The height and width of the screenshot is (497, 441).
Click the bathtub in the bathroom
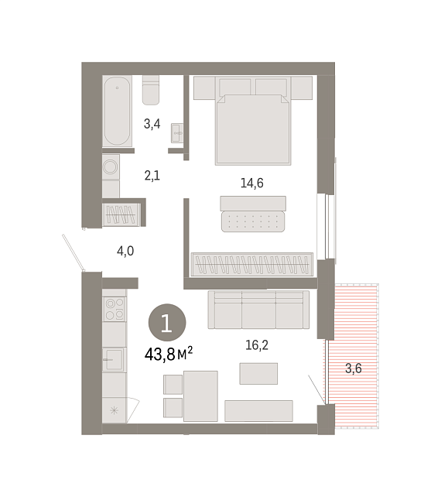[117, 111]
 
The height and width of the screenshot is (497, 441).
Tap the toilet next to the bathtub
[151, 90]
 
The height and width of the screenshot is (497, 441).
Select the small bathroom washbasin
[177, 133]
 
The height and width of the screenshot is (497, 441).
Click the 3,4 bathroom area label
[152, 124]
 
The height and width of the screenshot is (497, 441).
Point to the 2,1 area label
[152, 175]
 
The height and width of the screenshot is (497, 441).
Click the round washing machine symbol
[111, 166]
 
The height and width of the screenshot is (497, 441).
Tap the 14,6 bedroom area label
[252, 183]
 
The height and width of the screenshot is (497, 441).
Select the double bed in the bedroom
[253, 121]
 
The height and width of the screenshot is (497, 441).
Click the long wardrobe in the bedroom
[252, 264]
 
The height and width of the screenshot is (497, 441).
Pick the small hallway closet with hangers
[121, 214]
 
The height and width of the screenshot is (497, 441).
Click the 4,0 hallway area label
[125, 251]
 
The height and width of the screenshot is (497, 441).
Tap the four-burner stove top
[115, 309]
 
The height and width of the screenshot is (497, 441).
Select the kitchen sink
[114, 359]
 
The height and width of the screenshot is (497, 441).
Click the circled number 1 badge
[167, 323]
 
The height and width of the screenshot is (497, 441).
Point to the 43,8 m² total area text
[169, 354]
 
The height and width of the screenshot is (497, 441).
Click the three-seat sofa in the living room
[258, 310]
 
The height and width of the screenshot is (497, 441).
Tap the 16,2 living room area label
[257, 344]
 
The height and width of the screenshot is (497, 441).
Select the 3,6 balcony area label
[354, 368]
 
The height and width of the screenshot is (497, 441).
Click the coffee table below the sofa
[258, 374]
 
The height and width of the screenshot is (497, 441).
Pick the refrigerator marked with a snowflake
[114, 410]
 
